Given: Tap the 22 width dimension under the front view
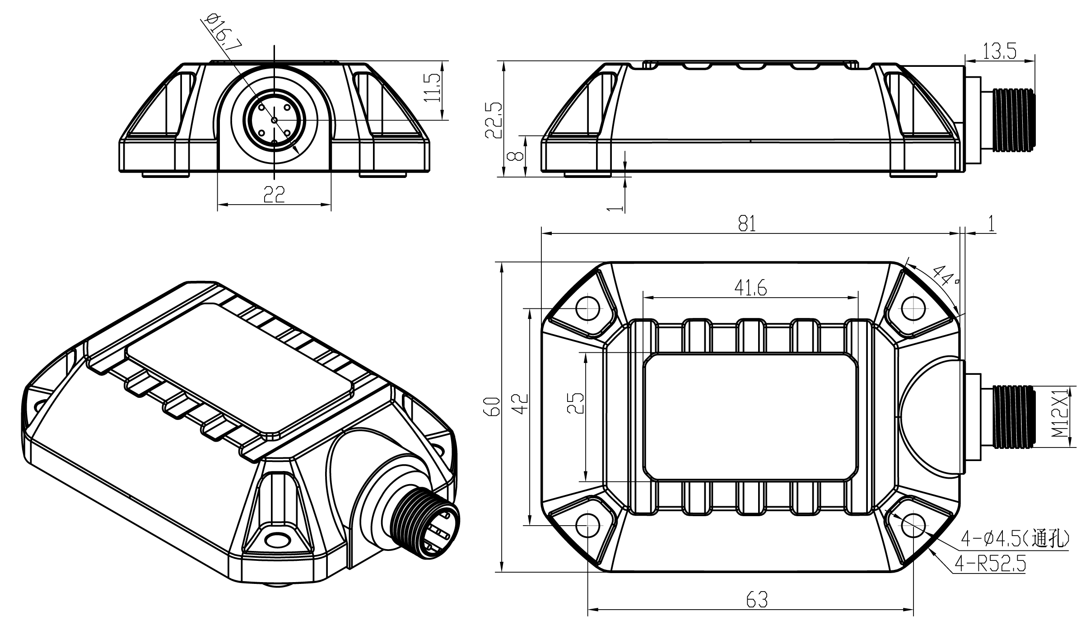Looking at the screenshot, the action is point(274,195).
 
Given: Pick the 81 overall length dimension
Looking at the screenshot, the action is point(747,224).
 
